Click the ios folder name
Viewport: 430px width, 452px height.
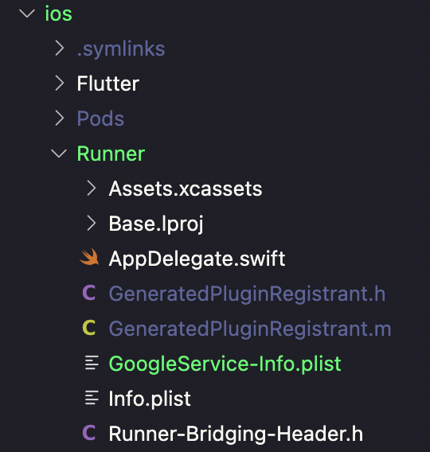pyautogui.click(x=59, y=14)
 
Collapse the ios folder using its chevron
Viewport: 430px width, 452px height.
pyautogui.click(x=27, y=14)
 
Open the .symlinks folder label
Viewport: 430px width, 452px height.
pyautogui.click(x=121, y=49)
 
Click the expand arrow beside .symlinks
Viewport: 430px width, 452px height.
pyautogui.click(x=60, y=48)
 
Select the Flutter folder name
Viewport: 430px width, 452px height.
pyautogui.click(x=108, y=84)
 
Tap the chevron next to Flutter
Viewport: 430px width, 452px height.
pyautogui.click(x=60, y=83)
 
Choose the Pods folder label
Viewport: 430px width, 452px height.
pyautogui.click(x=100, y=119)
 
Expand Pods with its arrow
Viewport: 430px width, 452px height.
pyautogui.click(x=60, y=119)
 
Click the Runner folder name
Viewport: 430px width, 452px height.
pyautogui.click(x=111, y=154)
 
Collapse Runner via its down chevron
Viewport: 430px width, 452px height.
pyautogui.click(x=59, y=154)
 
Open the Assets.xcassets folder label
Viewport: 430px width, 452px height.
pyautogui.click(x=186, y=189)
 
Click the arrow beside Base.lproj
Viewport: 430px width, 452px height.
pyautogui.click(x=91, y=223)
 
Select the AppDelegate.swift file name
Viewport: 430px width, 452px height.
pyautogui.click(x=197, y=259)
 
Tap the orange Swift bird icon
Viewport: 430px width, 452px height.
pyautogui.click(x=89, y=256)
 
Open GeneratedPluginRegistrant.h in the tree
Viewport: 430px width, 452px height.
pyautogui.click(x=247, y=294)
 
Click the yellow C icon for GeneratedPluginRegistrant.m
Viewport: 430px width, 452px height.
pyautogui.click(x=89, y=328)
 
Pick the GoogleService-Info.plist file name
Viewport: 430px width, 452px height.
pyautogui.click(x=225, y=364)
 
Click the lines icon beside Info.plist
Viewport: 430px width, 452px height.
pyautogui.click(x=92, y=398)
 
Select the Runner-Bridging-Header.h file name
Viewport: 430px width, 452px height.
pyautogui.click(x=236, y=434)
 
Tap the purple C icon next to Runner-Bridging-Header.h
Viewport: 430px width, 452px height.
pyautogui.click(x=89, y=433)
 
